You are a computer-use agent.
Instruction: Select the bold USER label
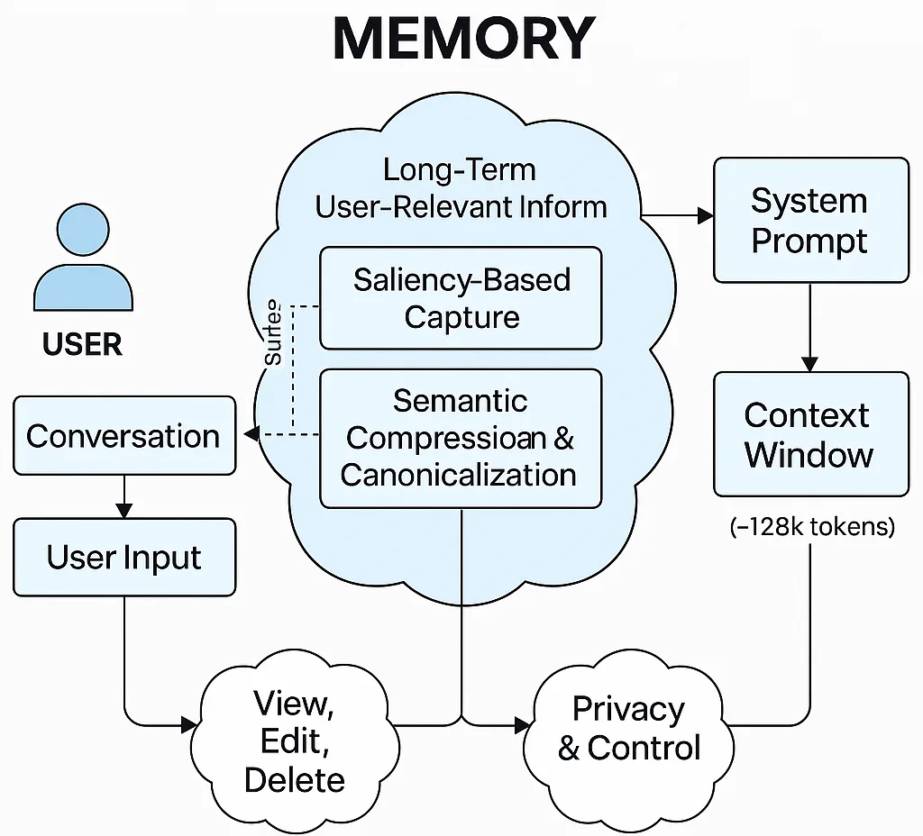[x=82, y=344]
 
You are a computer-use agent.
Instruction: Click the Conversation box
[x=123, y=437]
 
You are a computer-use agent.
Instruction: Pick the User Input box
[x=123, y=558]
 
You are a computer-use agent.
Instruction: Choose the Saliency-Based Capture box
[x=461, y=298]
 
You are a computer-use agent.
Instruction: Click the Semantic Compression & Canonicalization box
[x=461, y=438]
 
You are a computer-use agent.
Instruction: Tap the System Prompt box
[x=810, y=221]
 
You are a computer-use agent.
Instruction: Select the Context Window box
[x=810, y=434]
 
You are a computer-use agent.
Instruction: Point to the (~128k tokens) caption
[x=811, y=527]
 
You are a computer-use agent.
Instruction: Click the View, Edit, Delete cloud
[x=294, y=741]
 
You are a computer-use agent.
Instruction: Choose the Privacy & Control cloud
[x=628, y=728]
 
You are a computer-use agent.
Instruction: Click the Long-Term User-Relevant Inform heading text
[x=461, y=188]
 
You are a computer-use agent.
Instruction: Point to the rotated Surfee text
[x=273, y=334]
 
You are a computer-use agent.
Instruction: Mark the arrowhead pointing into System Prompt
[x=705, y=216]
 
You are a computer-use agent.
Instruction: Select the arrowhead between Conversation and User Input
[x=123, y=511]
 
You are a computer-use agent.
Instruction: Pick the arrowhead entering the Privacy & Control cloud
[x=523, y=724]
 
